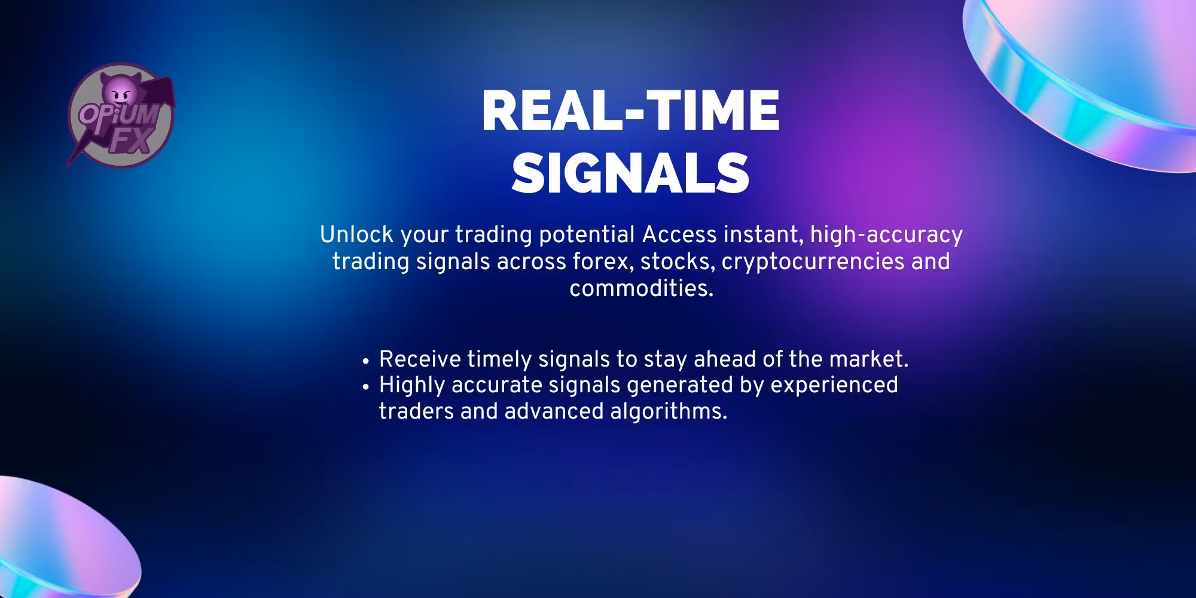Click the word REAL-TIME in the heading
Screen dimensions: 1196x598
pyautogui.click(x=630, y=111)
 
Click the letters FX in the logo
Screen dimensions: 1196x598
pyautogui.click(x=131, y=142)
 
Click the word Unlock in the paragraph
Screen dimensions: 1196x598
pyautogui.click(x=357, y=235)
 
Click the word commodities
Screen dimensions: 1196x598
pyautogui.click(x=642, y=289)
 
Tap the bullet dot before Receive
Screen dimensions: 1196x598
pyautogui.click(x=365, y=361)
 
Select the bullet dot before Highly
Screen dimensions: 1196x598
pyautogui.click(x=365, y=387)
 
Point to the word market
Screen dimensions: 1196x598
pyautogui.click(x=869, y=359)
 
